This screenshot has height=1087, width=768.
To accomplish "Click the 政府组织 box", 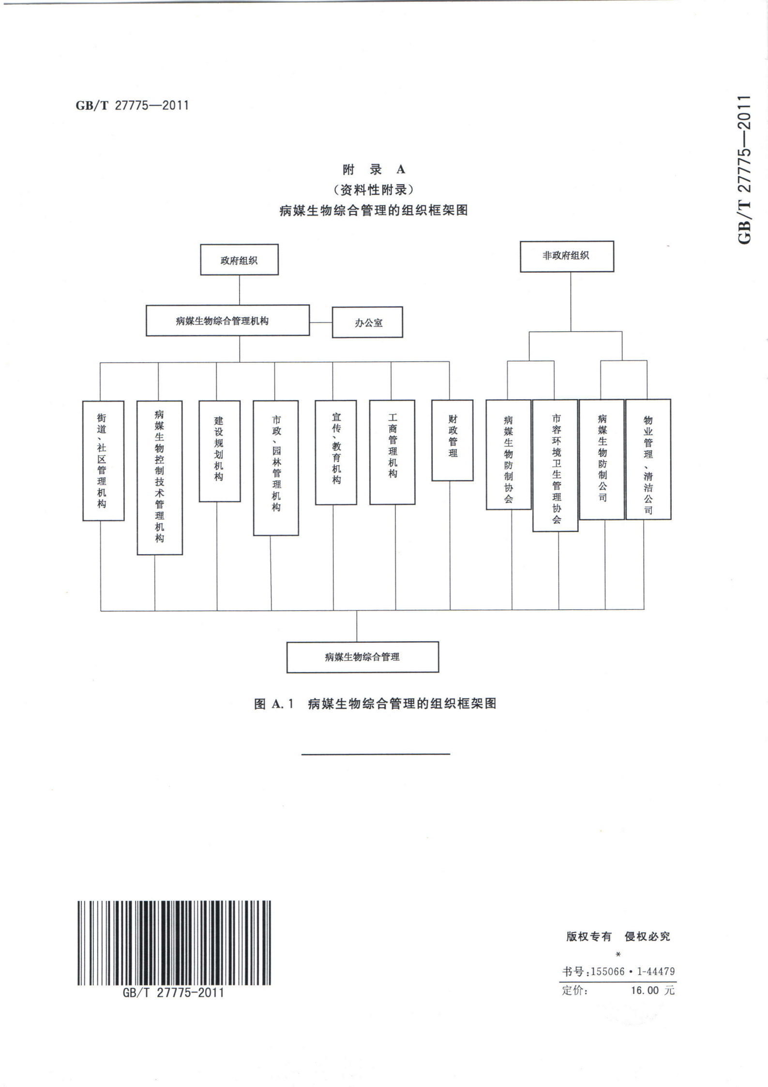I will [239, 260].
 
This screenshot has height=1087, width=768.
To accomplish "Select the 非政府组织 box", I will [567, 256].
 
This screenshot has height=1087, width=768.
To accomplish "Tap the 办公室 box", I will [367, 322].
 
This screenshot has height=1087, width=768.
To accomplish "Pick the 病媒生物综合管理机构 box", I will [227, 320].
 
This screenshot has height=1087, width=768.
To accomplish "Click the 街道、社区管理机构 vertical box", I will [103, 461].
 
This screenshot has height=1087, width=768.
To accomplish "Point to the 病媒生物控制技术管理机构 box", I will [160, 477].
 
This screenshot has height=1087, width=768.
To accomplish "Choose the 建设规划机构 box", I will [220, 451].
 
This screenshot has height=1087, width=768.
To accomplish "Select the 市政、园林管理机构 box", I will [276, 467].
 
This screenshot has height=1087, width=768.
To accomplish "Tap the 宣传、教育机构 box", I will [336, 452].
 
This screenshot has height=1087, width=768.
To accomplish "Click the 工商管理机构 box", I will [392, 452].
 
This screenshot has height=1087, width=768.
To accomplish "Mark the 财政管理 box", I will [452, 440].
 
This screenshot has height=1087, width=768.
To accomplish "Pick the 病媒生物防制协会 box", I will [508, 454].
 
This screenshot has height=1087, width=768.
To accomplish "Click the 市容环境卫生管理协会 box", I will [555, 466].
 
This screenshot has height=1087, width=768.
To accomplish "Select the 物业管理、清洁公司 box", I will [648, 459].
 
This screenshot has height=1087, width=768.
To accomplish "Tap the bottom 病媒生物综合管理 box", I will [362, 657].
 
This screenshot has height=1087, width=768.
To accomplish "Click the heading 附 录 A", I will [374, 170].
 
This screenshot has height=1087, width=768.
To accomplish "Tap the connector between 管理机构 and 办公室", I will [321, 322].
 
